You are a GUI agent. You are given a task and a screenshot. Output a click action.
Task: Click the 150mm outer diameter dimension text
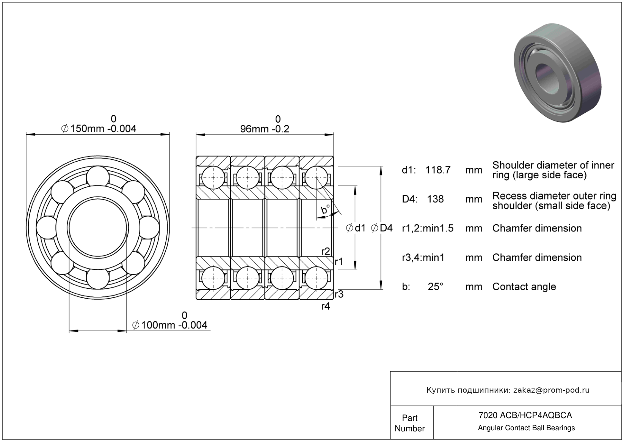pyautogui.click(x=98, y=124)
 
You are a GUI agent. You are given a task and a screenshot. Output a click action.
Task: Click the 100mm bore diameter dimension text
pyautogui.click(x=170, y=321)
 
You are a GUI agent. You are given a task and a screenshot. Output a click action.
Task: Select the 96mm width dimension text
pyautogui.click(x=265, y=124)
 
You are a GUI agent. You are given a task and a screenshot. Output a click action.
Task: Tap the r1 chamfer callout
pyautogui.click(x=339, y=261)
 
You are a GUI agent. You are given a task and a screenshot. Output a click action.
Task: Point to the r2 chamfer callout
pyautogui.click(x=326, y=252)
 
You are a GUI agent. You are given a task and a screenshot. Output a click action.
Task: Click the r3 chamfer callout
pyautogui.click(x=339, y=294)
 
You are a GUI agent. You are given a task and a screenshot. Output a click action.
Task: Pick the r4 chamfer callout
pyautogui.click(x=326, y=306)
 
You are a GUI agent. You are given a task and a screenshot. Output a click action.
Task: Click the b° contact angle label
pyautogui.click(x=325, y=209)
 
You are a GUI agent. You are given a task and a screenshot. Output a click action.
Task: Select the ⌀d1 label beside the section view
pyautogui.click(x=356, y=228)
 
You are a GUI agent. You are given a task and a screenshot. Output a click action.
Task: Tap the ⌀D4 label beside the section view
pyautogui.click(x=382, y=228)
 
